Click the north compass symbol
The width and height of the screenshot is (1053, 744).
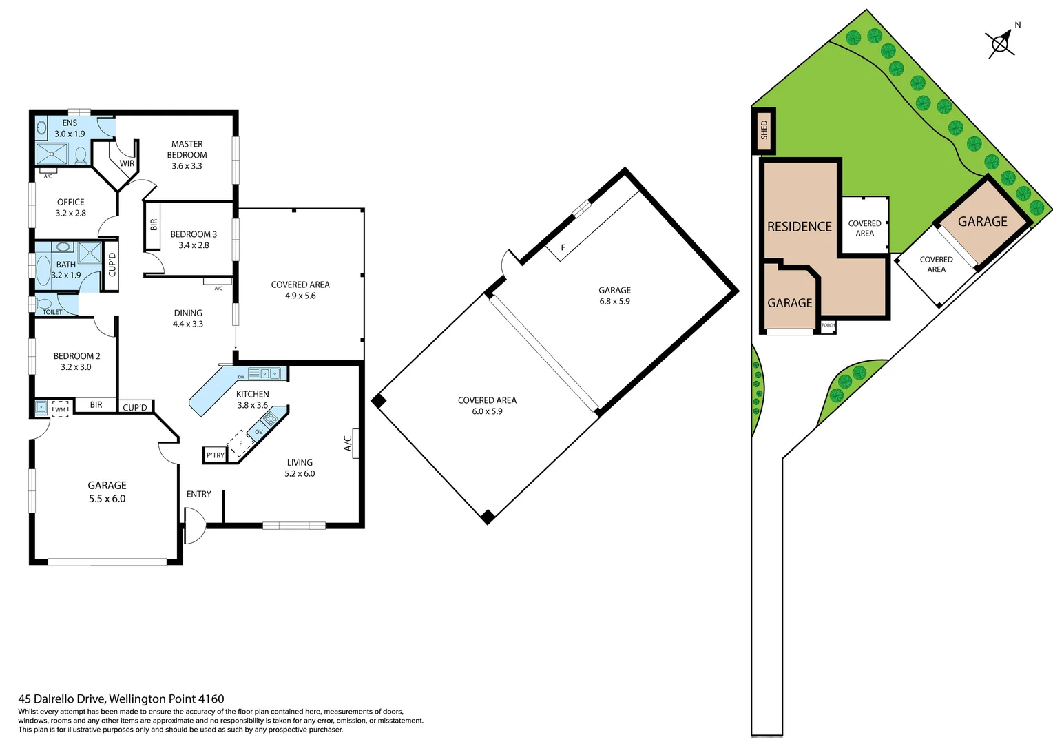coord(1001,43)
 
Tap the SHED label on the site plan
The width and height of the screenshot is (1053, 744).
coord(764,130)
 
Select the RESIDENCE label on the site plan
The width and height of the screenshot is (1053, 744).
coord(799,227)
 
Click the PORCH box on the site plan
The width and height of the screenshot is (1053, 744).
coord(828,326)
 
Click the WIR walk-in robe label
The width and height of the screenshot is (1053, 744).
coord(127,163)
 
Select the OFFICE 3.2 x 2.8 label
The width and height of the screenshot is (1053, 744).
coord(71,207)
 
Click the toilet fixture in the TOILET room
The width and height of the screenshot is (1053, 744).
coord(45,303)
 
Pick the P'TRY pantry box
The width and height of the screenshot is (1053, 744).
coord(215,455)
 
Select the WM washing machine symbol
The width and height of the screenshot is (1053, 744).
coord(61,409)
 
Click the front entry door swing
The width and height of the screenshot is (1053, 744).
coord(195,526)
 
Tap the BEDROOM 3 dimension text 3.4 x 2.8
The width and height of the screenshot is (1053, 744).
coord(194,245)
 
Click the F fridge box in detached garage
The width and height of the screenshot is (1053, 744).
coord(563,248)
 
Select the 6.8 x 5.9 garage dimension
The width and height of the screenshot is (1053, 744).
coord(614,301)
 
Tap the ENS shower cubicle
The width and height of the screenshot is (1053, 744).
coord(52,153)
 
